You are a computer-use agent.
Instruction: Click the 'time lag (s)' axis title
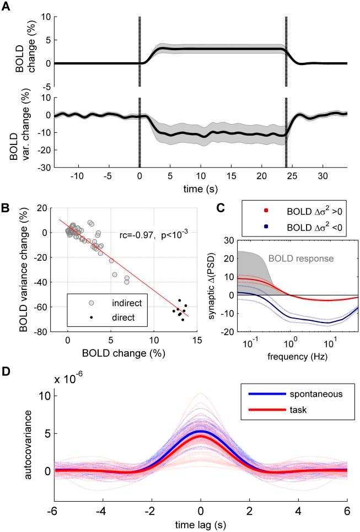click(201, 522)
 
